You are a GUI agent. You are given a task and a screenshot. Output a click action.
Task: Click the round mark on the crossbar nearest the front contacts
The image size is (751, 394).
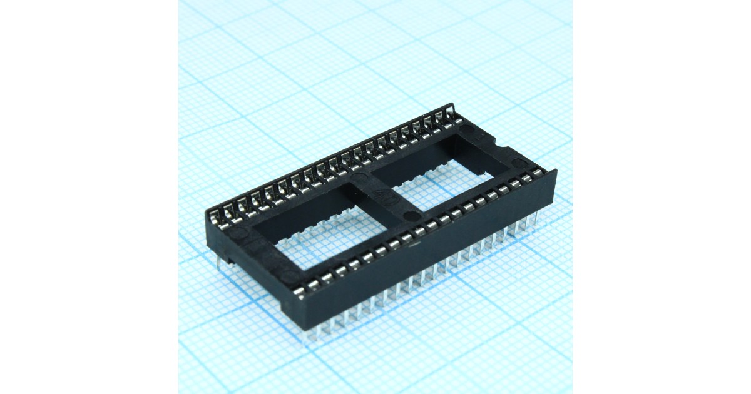pos(409,217)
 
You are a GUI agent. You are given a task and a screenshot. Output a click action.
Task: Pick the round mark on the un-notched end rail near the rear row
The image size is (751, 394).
pos(234,233)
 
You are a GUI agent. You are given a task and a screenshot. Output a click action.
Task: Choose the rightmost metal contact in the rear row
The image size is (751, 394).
pos(449,114)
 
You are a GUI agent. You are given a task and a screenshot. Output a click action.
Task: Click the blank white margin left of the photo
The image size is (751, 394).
pos(88,197)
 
